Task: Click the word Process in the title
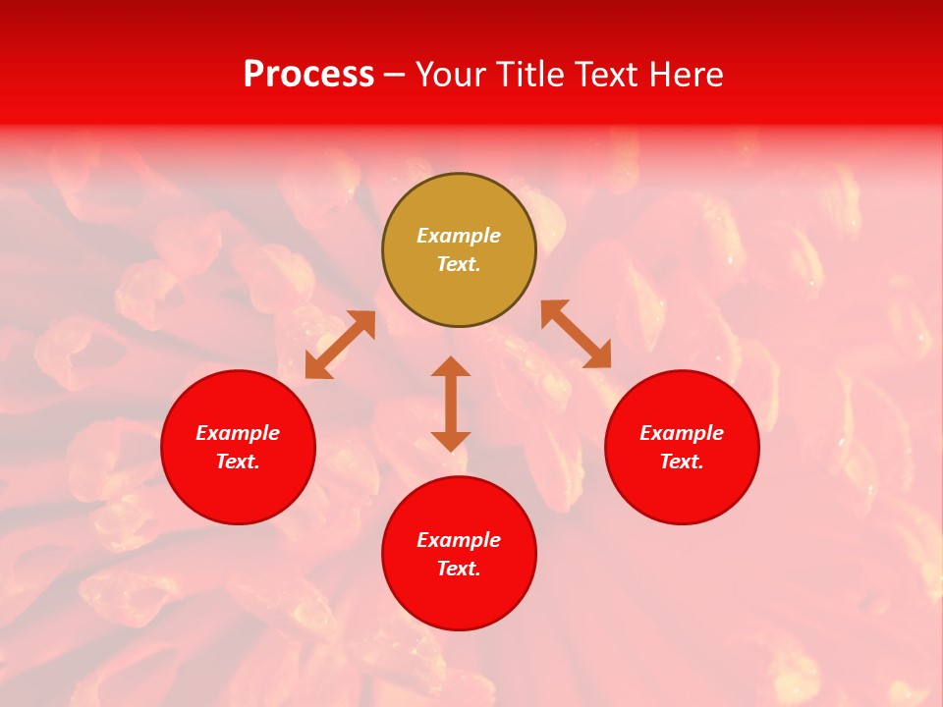tap(308, 75)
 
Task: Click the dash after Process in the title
tap(394, 76)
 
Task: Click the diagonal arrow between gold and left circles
tap(340, 345)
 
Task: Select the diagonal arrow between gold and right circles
tap(577, 334)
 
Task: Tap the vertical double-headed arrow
tap(451, 404)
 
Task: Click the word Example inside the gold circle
tap(459, 236)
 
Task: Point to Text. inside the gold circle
tap(459, 264)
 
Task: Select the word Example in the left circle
tap(238, 433)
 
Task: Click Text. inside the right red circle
tap(682, 462)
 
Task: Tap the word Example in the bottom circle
tap(459, 540)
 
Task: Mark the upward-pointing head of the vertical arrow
tap(451, 366)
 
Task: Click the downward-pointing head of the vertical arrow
tap(451, 441)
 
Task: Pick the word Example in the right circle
tap(682, 433)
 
